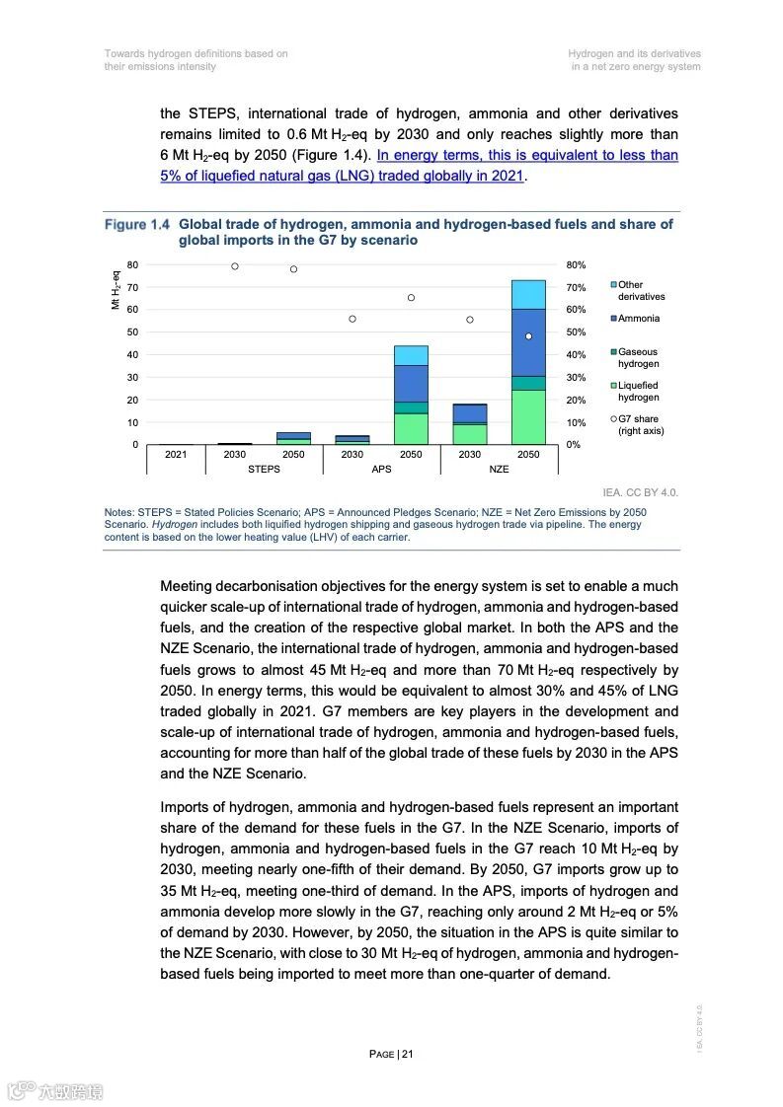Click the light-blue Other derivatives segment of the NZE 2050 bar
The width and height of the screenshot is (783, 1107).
pyautogui.click(x=528, y=294)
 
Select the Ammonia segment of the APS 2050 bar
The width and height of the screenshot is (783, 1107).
pyautogui.click(x=411, y=383)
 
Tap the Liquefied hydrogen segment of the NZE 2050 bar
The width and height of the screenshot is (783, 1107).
pyautogui.click(x=528, y=416)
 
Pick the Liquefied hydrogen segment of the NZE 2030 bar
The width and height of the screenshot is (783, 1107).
pyautogui.click(x=469, y=434)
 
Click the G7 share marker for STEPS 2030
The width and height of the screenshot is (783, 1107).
pyautogui.click(x=235, y=266)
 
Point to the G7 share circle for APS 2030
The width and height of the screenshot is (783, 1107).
pyautogui.click(x=352, y=319)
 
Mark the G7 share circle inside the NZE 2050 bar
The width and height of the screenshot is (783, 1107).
pyautogui.click(x=528, y=336)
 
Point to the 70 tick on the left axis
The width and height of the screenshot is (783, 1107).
pyautogui.click(x=132, y=287)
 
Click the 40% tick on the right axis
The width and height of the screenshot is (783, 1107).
pyautogui.click(x=576, y=355)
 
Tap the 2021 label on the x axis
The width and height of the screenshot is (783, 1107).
pyautogui.click(x=176, y=455)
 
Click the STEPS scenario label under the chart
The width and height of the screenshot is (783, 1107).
pyautogui.click(x=264, y=469)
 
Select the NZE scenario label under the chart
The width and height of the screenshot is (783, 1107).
pyautogui.click(x=499, y=469)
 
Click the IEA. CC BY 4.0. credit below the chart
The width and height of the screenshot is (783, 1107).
pyautogui.click(x=640, y=492)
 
